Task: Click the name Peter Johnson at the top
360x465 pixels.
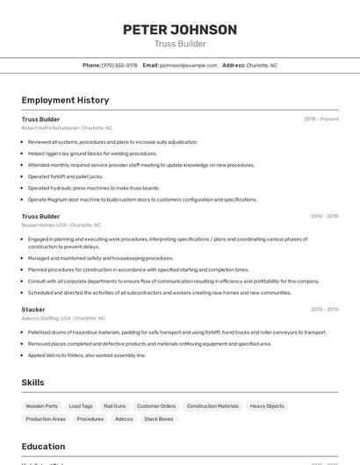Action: point(179,30)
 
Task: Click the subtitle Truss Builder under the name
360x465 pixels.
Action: point(179,44)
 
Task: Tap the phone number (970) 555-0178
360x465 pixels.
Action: point(119,65)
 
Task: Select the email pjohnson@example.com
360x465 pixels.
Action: point(188,65)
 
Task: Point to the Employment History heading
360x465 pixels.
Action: point(65,100)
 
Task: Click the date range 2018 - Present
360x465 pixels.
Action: point(320,119)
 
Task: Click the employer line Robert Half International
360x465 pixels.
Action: point(50,128)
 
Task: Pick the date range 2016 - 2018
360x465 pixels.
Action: point(324,216)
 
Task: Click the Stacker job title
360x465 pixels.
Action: point(33,309)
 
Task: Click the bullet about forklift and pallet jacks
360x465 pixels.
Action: point(65,176)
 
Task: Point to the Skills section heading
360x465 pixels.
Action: point(32,383)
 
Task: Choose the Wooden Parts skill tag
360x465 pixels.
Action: point(41,406)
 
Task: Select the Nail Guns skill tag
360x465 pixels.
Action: point(114,406)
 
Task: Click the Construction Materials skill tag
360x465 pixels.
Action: point(212,406)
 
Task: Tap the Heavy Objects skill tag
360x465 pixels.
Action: point(267,406)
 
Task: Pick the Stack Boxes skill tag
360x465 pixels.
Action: point(159,419)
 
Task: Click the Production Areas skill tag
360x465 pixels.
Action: point(46,419)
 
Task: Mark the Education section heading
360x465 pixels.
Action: point(44,447)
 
